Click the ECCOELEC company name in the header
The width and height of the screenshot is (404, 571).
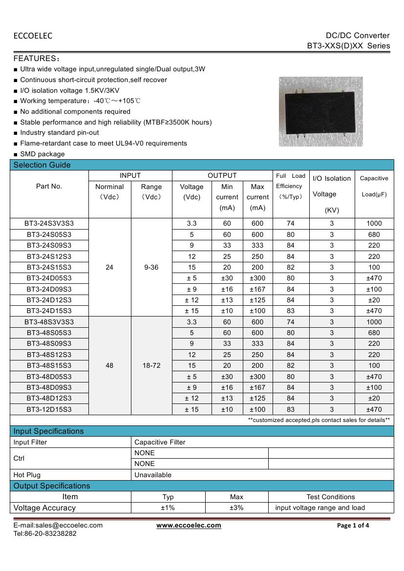pos(33,36)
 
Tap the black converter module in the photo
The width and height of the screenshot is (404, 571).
pos(320,112)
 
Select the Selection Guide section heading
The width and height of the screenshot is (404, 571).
pos(42,165)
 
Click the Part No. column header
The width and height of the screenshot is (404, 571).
pos(49,186)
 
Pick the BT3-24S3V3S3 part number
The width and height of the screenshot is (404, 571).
pos(49,223)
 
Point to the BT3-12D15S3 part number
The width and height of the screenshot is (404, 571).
pos(49,409)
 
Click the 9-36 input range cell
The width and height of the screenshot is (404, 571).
pos(151,267)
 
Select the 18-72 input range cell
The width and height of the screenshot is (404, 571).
pos(151,365)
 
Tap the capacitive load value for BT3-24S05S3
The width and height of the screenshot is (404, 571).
pos(374,234)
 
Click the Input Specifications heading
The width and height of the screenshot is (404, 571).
pos(48,431)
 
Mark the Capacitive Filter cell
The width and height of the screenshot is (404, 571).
pos(160,442)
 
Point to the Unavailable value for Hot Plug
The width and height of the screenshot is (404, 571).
pos(153,475)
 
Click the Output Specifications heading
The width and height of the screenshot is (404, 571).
pos(52,486)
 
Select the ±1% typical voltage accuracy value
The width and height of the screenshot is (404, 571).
pos(168,508)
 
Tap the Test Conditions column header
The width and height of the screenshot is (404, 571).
pos(331,497)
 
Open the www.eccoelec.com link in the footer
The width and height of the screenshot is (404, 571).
pos(189,526)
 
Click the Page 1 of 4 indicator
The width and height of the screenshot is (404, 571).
pos(353,526)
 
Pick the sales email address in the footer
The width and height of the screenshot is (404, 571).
pos(58,526)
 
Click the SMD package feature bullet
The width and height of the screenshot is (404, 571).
pos(42,154)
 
